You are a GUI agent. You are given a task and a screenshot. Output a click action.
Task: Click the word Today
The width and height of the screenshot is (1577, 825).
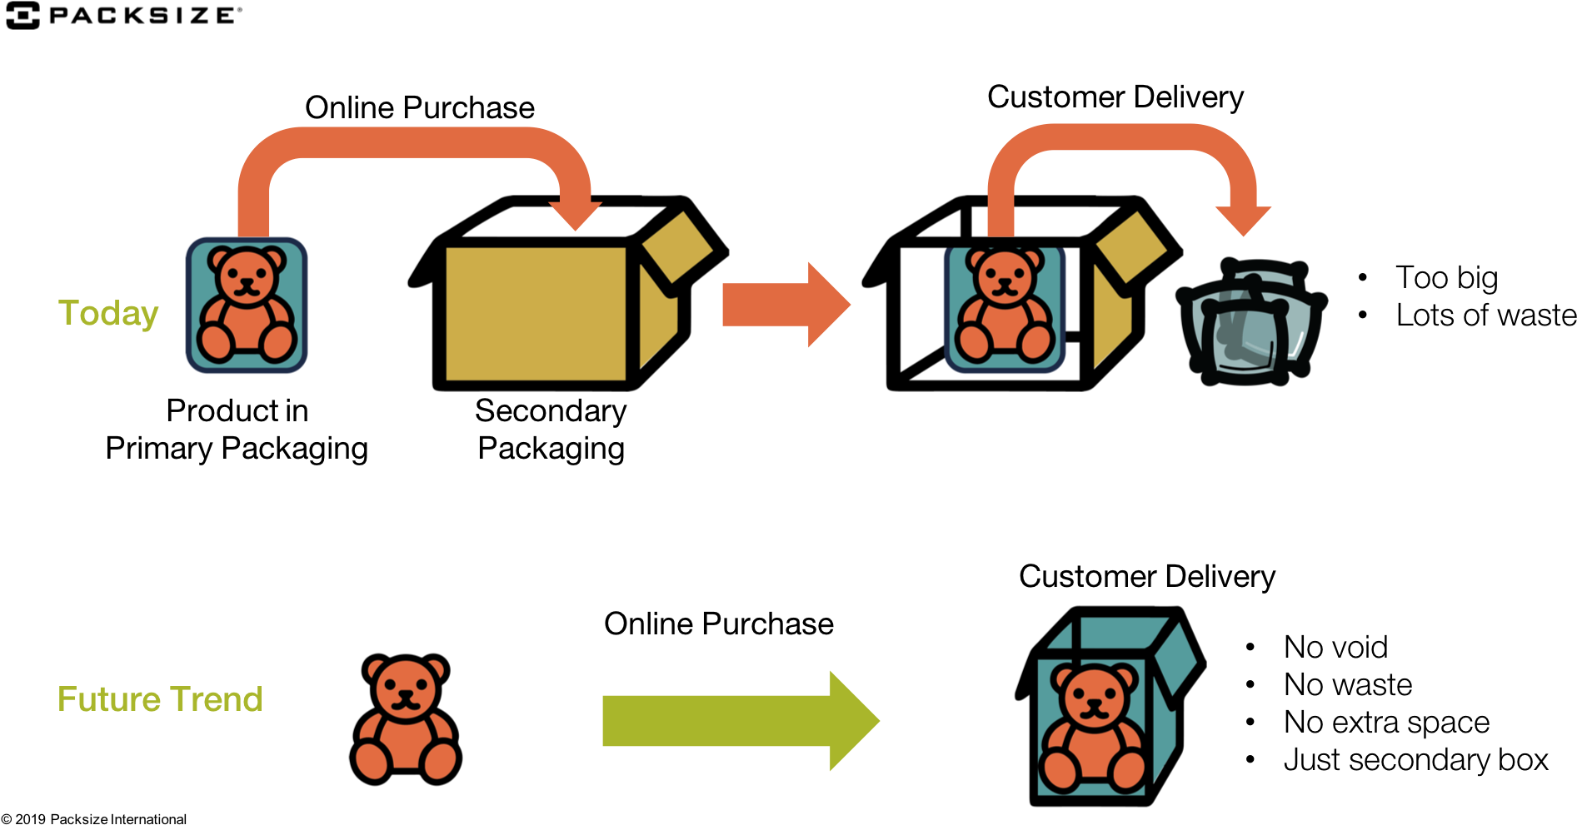click(107, 314)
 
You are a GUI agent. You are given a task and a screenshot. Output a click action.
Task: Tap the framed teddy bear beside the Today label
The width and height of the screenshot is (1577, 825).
click(247, 305)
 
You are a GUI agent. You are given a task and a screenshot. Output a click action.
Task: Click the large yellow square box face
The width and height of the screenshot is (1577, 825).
click(536, 314)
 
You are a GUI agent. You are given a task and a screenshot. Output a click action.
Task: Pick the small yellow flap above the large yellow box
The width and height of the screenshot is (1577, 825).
click(677, 246)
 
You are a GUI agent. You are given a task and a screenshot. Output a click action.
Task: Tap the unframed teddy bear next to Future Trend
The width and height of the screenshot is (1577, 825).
click(406, 719)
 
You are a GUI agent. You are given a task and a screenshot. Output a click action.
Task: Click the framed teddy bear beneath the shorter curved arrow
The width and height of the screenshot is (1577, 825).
click(1005, 309)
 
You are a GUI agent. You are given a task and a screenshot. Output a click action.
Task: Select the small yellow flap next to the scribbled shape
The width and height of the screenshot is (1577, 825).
click(1130, 246)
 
